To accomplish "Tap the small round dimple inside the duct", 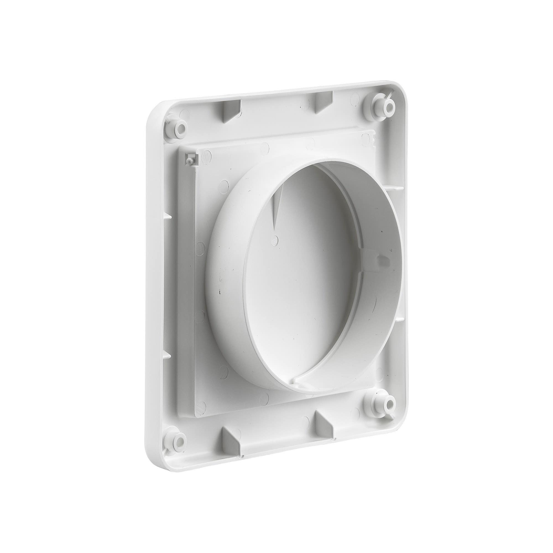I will pos(275,231).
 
